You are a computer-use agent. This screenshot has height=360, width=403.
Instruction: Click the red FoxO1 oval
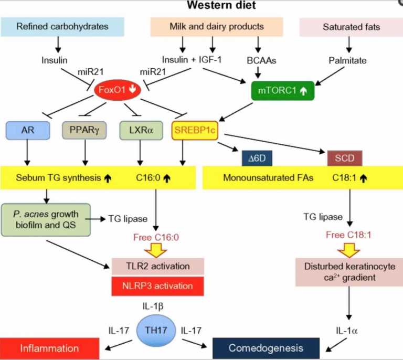118,90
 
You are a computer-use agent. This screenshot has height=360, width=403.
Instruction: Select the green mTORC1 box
283,91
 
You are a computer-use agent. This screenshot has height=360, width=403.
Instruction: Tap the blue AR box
28,130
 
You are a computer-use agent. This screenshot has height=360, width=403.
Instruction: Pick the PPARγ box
84,130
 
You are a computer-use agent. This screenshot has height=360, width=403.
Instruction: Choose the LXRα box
141,130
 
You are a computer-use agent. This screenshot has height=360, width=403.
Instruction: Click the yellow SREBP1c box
195,130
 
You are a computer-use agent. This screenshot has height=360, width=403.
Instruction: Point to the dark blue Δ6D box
257,158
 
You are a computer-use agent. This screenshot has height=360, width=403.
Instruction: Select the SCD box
345,158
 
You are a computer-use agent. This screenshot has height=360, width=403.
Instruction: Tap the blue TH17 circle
156,331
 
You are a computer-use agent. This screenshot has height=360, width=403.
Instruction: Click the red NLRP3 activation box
157,286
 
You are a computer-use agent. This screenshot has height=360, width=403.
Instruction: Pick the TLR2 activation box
158,266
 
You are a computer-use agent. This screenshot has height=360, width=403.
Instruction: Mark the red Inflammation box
49,348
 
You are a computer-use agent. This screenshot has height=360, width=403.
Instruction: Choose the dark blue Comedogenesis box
266,348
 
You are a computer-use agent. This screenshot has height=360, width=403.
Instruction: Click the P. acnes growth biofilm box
46,220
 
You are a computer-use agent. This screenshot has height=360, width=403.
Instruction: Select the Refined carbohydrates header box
62,27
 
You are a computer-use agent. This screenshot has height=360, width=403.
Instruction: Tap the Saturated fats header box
351,27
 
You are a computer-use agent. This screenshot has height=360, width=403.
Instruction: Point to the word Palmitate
347,61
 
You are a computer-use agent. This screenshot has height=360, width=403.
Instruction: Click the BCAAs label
261,61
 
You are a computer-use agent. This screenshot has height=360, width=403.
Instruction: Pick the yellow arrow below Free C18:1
349,250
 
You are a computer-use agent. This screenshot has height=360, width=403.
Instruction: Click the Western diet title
221,5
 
